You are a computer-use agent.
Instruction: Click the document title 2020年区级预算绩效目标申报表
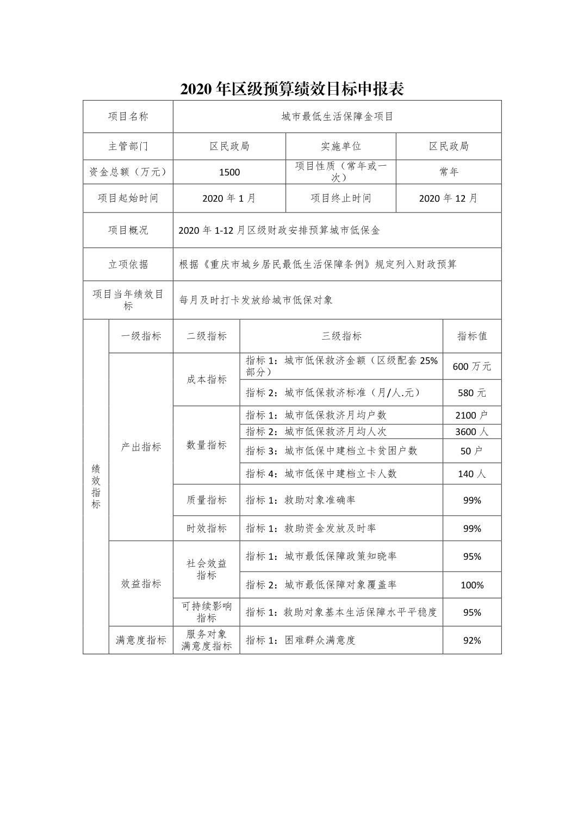tap(292, 89)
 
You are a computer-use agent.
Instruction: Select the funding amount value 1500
tap(229, 172)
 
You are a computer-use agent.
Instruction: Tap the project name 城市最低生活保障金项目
tap(337, 116)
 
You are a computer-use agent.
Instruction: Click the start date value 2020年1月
tap(229, 198)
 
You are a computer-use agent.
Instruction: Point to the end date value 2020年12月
tap(448, 198)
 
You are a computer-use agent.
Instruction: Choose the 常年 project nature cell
tap(449, 172)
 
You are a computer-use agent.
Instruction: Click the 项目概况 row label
tap(128, 230)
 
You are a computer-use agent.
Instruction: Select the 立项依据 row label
tap(128, 265)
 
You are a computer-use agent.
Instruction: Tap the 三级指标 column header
tap(341, 336)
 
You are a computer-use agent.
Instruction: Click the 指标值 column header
tap(471, 336)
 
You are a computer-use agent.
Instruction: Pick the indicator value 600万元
tap(471, 367)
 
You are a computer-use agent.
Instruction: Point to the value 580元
tap(471, 393)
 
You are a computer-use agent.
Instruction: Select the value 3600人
tap(471, 432)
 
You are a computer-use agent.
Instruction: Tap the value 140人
tap(471, 474)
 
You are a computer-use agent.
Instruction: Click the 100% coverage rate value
tap(471, 585)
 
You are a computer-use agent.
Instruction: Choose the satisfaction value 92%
tap(471, 641)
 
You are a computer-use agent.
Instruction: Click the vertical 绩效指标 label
tap(96, 486)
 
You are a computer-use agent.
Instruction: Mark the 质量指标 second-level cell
tap(206, 500)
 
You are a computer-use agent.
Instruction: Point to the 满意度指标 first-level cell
tap(141, 641)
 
